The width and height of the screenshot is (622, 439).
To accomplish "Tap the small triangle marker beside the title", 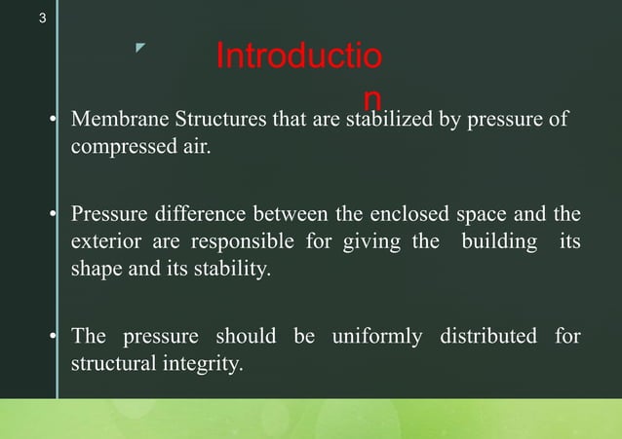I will (x=140, y=48).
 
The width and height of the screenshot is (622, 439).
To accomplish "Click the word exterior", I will (x=104, y=241).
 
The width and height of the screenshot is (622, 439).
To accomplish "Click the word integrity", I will (x=202, y=365).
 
